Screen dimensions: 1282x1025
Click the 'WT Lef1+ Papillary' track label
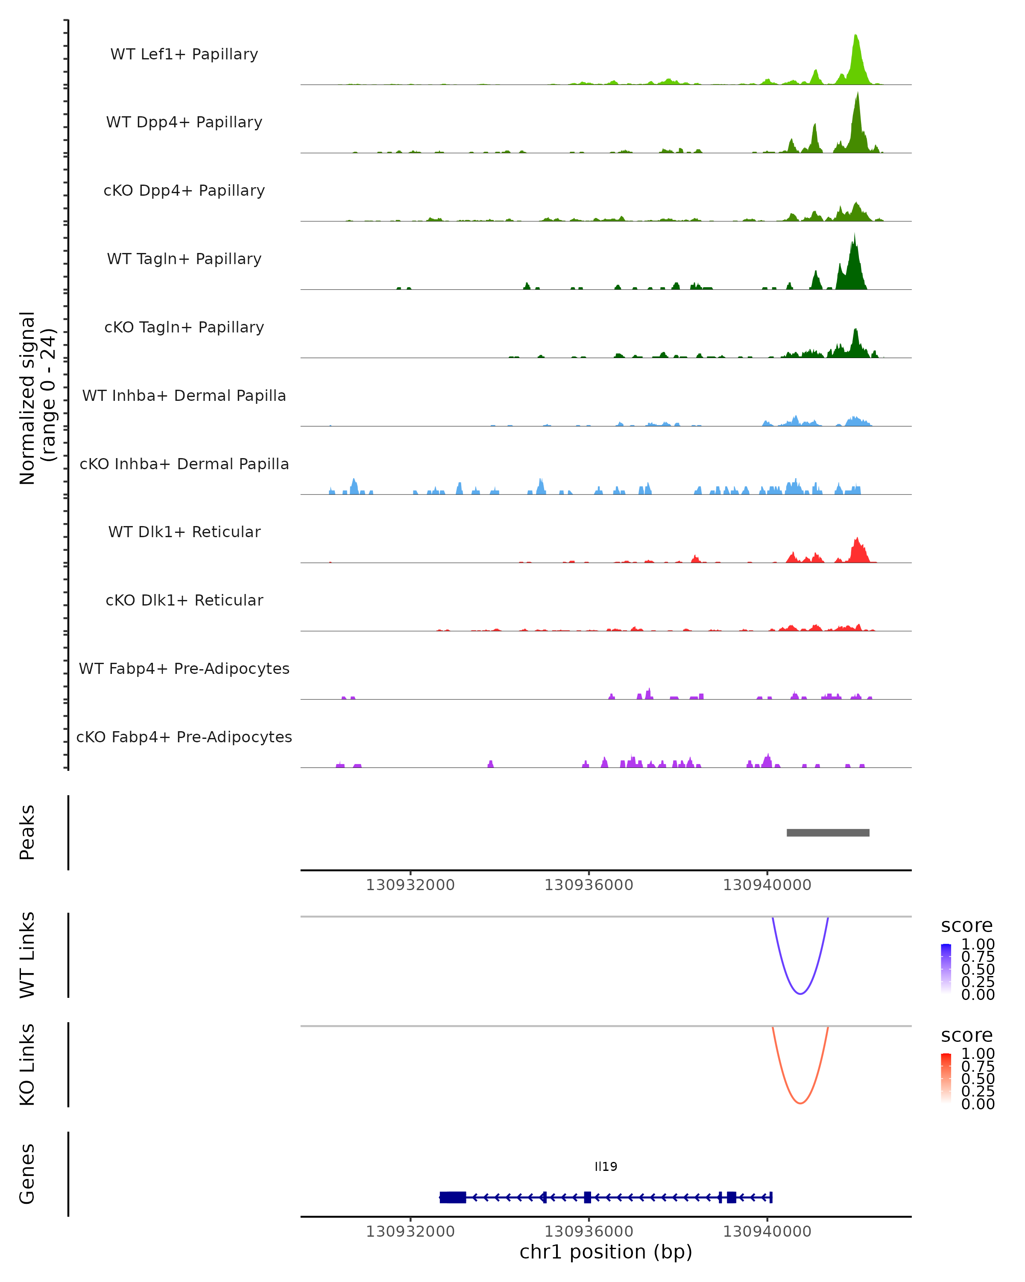(x=184, y=54)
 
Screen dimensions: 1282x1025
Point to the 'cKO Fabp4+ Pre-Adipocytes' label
(x=184, y=737)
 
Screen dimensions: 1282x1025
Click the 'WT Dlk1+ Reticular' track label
(x=184, y=532)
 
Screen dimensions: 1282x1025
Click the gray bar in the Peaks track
(x=828, y=832)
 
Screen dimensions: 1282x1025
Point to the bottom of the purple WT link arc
(x=800, y=994)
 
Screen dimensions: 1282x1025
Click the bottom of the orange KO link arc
(x=800, y=1103)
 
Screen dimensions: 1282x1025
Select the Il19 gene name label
(x=606, y=1167)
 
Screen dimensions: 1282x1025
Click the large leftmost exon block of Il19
(x=453, y=1197)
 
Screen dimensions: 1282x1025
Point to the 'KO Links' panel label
(x=27, y=1064)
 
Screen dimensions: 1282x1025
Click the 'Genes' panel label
(x=27, y=1174)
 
